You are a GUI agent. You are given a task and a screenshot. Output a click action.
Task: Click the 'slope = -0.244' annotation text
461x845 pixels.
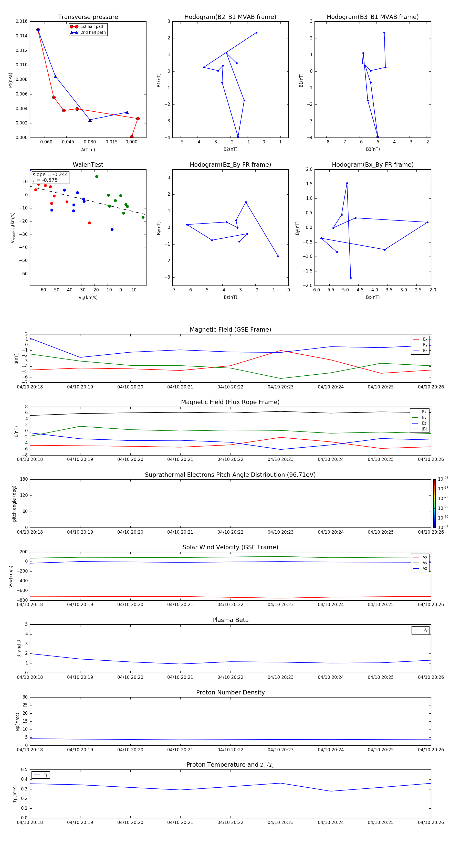50,175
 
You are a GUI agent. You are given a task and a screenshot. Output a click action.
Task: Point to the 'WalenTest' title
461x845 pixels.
88,165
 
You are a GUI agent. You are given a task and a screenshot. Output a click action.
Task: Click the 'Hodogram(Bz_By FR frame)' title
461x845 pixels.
230,165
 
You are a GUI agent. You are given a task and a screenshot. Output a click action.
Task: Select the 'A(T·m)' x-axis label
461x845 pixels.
88,150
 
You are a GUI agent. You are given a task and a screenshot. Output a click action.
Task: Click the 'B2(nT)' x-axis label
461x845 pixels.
230,149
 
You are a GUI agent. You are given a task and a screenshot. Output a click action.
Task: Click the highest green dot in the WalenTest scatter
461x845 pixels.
97,176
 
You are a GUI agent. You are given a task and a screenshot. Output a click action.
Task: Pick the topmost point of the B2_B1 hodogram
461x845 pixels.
256,33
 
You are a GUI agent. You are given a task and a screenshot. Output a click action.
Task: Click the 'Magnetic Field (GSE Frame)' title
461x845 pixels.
230,330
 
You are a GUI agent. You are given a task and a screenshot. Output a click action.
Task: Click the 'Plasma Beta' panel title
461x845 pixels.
230,620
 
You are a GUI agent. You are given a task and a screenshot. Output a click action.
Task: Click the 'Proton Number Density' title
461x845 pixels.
230,692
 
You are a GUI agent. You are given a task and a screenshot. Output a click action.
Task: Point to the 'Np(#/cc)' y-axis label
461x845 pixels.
18,722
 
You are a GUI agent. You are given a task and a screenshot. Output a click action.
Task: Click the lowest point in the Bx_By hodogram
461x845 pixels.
350,278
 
